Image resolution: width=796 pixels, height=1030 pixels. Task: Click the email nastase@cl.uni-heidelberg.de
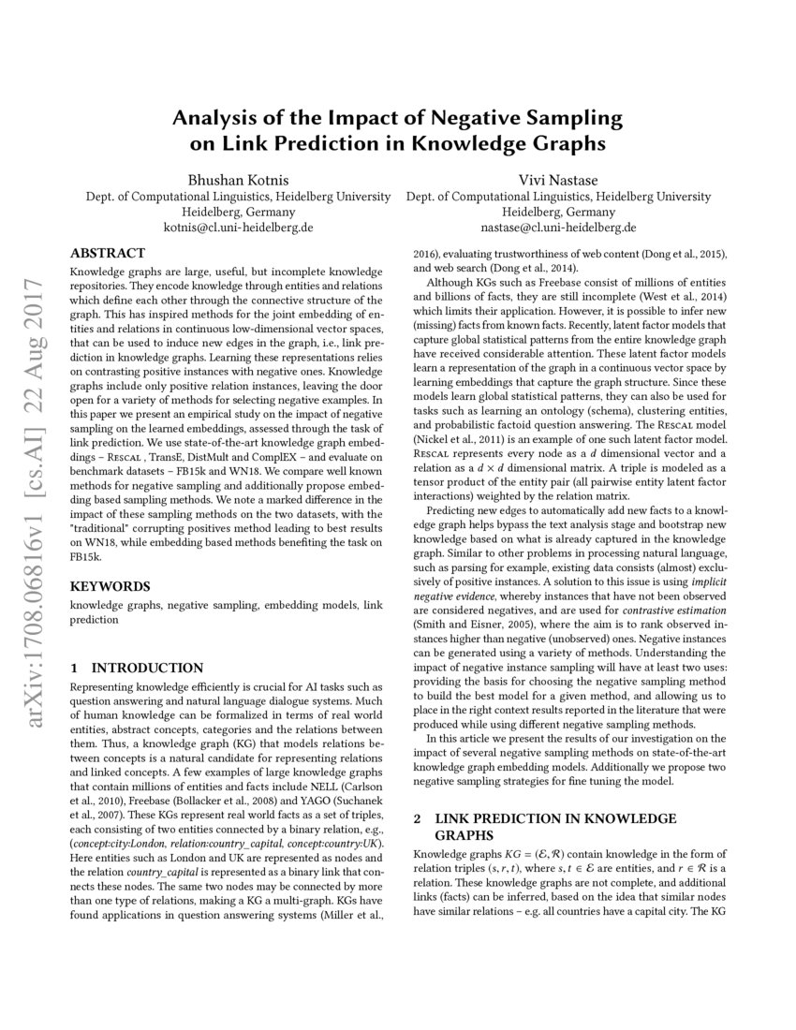[558, 227]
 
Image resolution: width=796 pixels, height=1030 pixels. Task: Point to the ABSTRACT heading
[108, 253]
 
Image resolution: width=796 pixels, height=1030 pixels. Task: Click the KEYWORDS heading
[110, 586]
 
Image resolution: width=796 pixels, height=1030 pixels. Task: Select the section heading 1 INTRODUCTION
[137, 668]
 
